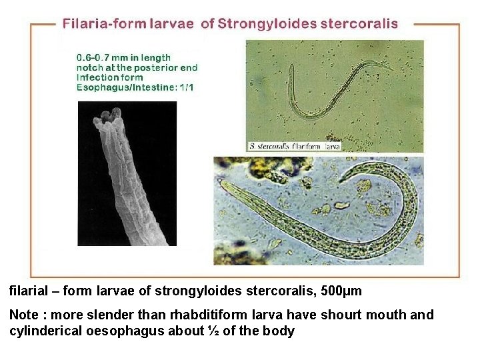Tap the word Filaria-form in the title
(98, 23)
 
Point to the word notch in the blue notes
(91, 67)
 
